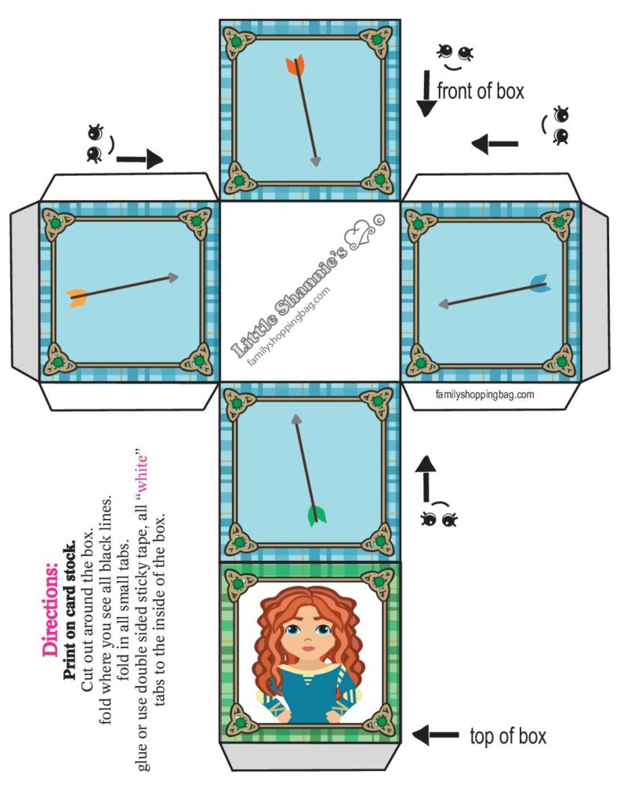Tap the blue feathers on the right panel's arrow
pos(538,283)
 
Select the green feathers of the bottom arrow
pos(317,515)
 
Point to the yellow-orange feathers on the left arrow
pos(77,296)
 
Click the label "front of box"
pos(480,91)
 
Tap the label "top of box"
pos(507,736)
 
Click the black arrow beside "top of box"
pos(436,735)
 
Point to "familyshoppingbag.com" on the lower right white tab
pos(484,394)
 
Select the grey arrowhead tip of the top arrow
pos(315,162)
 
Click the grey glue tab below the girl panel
pos(310,757)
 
